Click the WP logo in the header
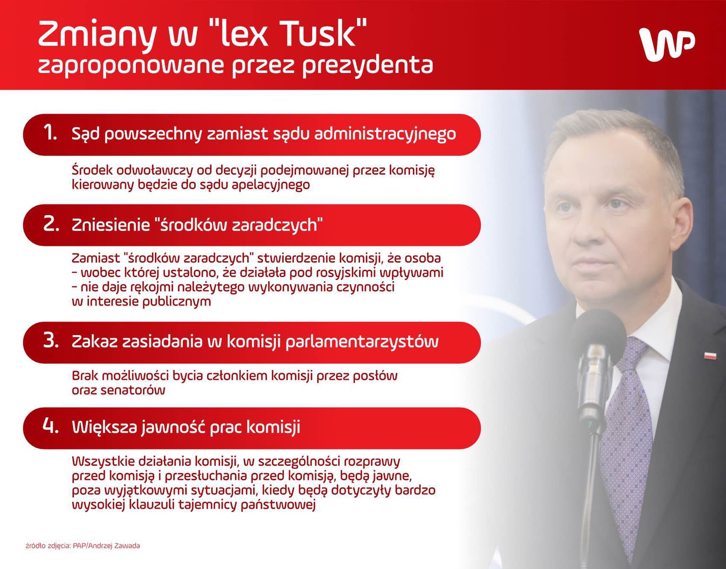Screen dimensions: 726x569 pos(667,44)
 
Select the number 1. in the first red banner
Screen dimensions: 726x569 pos(50,133)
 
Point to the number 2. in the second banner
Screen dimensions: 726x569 pos(51,224)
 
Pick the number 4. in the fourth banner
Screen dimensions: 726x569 pos(51,426)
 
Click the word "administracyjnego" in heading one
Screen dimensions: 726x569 pos(385,134)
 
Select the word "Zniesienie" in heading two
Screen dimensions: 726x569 pos(111,225)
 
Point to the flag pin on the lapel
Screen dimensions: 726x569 pos(710,355)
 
